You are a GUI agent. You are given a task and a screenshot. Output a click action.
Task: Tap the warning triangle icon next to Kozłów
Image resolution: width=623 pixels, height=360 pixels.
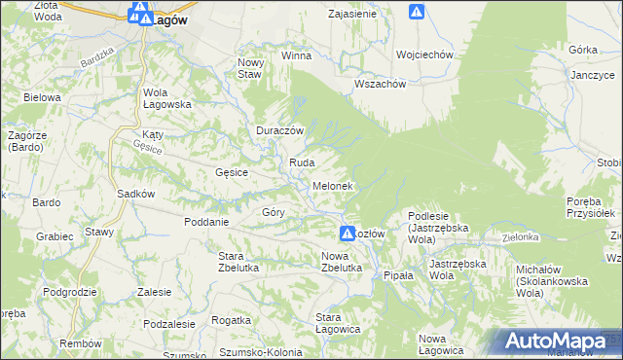pyautogui.click(x=348, y=234)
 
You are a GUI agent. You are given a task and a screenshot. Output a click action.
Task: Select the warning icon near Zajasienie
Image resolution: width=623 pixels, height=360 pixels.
pyautogui.click(x=417, y=12)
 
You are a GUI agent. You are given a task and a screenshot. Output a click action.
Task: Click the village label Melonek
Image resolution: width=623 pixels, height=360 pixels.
pyautogui.click(x=332, y=185)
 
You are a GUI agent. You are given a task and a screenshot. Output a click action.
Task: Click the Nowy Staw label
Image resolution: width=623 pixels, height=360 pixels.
pyautogui.click(x=251, y=68)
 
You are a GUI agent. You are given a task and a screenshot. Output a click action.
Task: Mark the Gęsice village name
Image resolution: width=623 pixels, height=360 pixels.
pyautogui.click(x=232, y=172)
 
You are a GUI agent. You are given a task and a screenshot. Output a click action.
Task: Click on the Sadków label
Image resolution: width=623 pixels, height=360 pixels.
pyautogui.click(x=136, y=193)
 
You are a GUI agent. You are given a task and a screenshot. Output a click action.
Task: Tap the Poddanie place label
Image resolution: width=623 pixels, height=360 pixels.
pyautogui.click(x=206, y=221)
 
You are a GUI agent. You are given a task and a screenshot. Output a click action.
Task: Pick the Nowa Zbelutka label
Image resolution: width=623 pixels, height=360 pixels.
pyautogui.click(x=342, y=261)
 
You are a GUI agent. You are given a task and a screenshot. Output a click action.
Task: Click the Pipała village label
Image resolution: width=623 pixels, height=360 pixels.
pyautogui.click(x=398, y=275)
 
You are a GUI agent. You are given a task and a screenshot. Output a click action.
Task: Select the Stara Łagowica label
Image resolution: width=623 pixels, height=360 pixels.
pyautogui.click(x=339, y=323)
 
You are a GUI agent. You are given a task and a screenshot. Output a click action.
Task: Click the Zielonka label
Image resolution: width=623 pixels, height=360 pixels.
pyautogui.click(x=521, y=236)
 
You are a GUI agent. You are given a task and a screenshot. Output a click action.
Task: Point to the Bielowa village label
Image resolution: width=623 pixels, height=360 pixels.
pyautogui.click(x=43, y=97)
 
